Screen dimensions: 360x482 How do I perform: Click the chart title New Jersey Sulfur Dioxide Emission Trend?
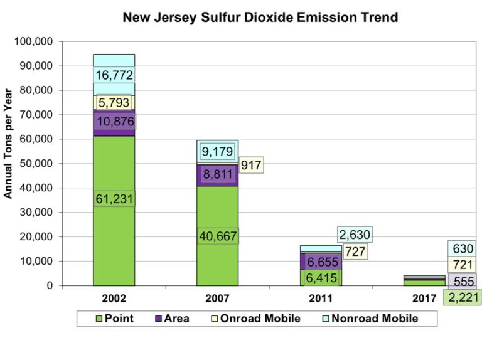[260, 17]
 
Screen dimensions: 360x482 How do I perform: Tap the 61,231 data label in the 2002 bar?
[114, 198]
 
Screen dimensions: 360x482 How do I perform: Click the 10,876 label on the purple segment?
[114, 121]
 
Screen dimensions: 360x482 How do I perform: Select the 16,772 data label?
[114, 75]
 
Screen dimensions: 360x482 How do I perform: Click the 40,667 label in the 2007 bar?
[217, 236]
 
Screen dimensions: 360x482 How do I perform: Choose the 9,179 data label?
[217, 151]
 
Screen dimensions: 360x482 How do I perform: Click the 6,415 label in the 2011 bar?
[321, 275]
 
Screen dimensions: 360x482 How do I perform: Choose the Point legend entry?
[114, 318]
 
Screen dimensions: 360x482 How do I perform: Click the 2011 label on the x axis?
[321, 299]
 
